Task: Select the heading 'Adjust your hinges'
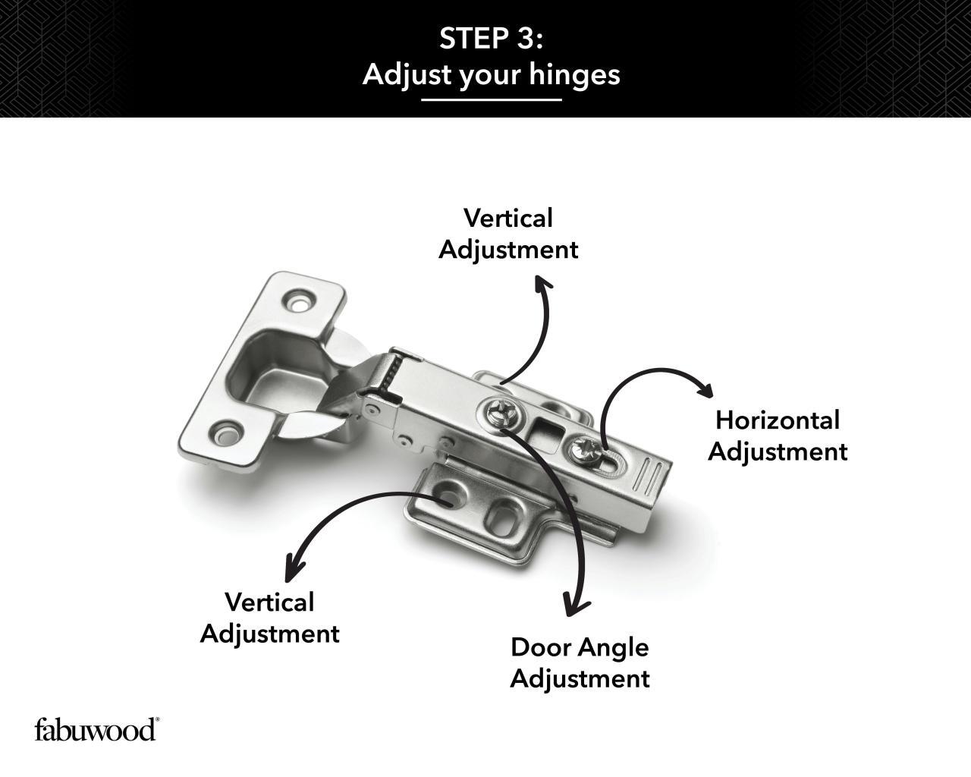(x=491, y=74)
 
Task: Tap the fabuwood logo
(x=96, y=729)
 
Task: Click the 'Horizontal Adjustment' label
(x=777, y=436)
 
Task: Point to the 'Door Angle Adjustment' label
(x=580, y=662)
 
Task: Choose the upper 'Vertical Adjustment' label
(x=508, y=234)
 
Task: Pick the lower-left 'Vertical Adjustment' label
(x=269, y=618)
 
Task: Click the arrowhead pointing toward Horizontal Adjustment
(x=705, y=389)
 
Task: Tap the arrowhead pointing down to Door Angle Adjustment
(x=577, y=605)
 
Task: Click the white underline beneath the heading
(x=491, y=99)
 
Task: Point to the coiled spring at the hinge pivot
(x=391, y=376)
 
